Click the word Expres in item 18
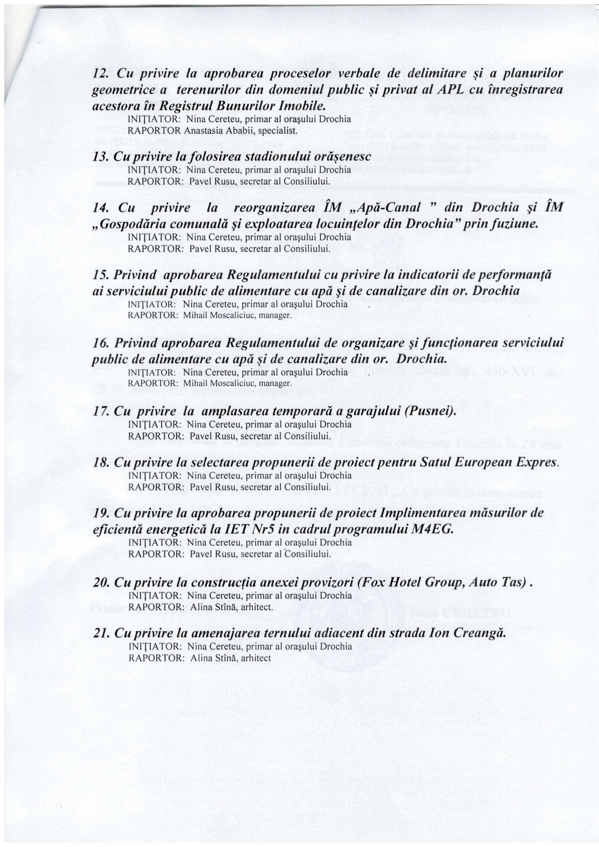540,463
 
